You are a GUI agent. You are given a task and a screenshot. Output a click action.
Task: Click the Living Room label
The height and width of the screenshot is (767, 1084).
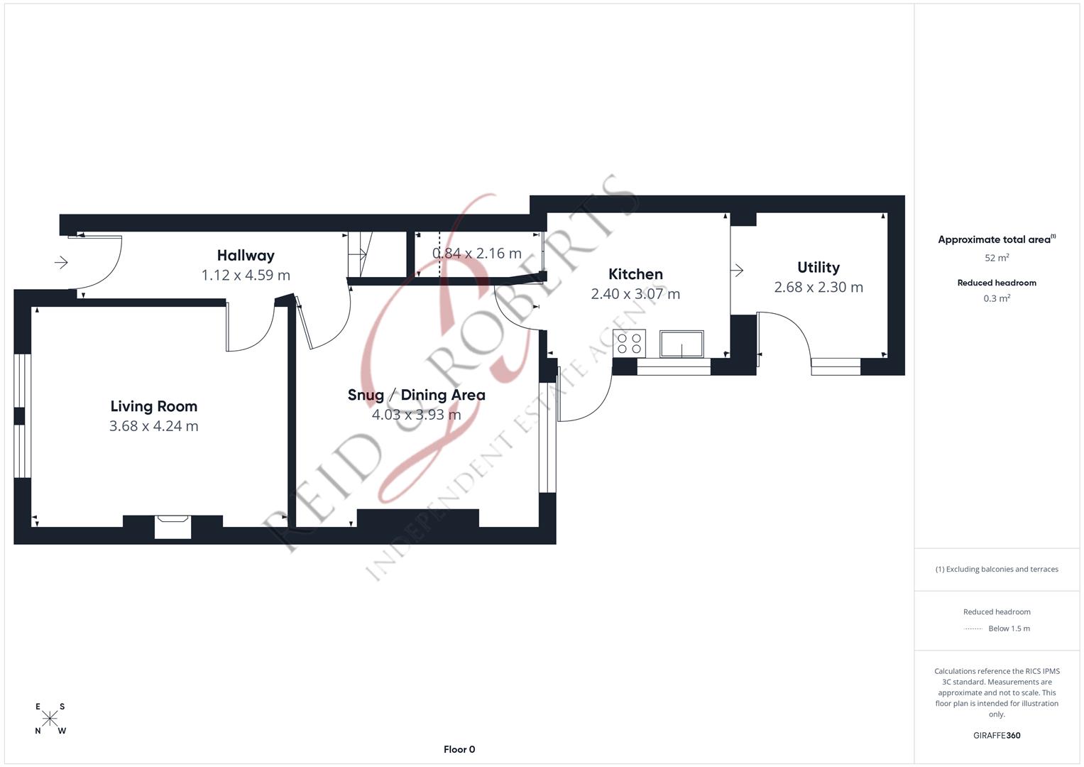tap(153, 406)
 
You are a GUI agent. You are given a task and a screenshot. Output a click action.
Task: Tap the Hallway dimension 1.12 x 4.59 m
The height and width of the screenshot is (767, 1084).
tap(246, 275)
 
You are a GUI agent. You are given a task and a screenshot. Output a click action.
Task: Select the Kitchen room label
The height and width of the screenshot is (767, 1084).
tap(635, 274)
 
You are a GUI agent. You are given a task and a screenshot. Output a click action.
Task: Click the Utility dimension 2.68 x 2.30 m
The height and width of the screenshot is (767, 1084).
tap(819, 287)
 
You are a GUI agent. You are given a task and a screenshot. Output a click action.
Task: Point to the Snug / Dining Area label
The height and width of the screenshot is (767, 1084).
tap(416, 395)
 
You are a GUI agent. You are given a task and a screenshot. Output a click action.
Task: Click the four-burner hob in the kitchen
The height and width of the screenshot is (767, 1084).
tap(629, 344)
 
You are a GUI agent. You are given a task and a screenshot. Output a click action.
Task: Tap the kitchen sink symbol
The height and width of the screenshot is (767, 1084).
tap(681, 344)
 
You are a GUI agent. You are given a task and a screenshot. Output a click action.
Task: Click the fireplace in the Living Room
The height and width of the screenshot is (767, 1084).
tap(173, 526)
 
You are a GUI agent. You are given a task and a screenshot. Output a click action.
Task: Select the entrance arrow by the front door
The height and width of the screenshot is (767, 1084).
tap(61, 263)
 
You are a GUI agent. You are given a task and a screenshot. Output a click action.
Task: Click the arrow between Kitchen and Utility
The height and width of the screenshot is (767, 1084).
tap(737, 270)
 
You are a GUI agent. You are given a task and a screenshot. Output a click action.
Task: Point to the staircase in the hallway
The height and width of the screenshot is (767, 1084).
tap(357, 254)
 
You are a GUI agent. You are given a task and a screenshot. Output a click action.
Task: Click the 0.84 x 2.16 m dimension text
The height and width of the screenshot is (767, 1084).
tap(477, 254)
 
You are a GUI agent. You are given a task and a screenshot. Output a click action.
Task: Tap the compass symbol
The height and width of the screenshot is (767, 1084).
tap(50, 719)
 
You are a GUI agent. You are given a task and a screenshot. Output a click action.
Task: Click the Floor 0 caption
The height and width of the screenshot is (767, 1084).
tap(459, 749)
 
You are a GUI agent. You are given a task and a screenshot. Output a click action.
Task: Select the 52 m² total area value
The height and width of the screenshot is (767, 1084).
tap(997, 258)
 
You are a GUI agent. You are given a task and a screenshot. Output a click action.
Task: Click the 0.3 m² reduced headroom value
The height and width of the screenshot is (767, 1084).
tap(997, 298)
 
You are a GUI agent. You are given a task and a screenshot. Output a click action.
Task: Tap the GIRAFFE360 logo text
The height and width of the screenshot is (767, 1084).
tap(997, 735)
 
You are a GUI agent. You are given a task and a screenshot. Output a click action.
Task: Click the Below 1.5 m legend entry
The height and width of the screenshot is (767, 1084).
tap(1008, 629)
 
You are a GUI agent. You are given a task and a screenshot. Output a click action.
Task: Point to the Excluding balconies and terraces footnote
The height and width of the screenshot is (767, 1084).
tap(997, 569)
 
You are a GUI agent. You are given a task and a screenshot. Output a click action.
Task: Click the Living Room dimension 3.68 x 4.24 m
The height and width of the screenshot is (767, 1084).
tap(153, 426)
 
